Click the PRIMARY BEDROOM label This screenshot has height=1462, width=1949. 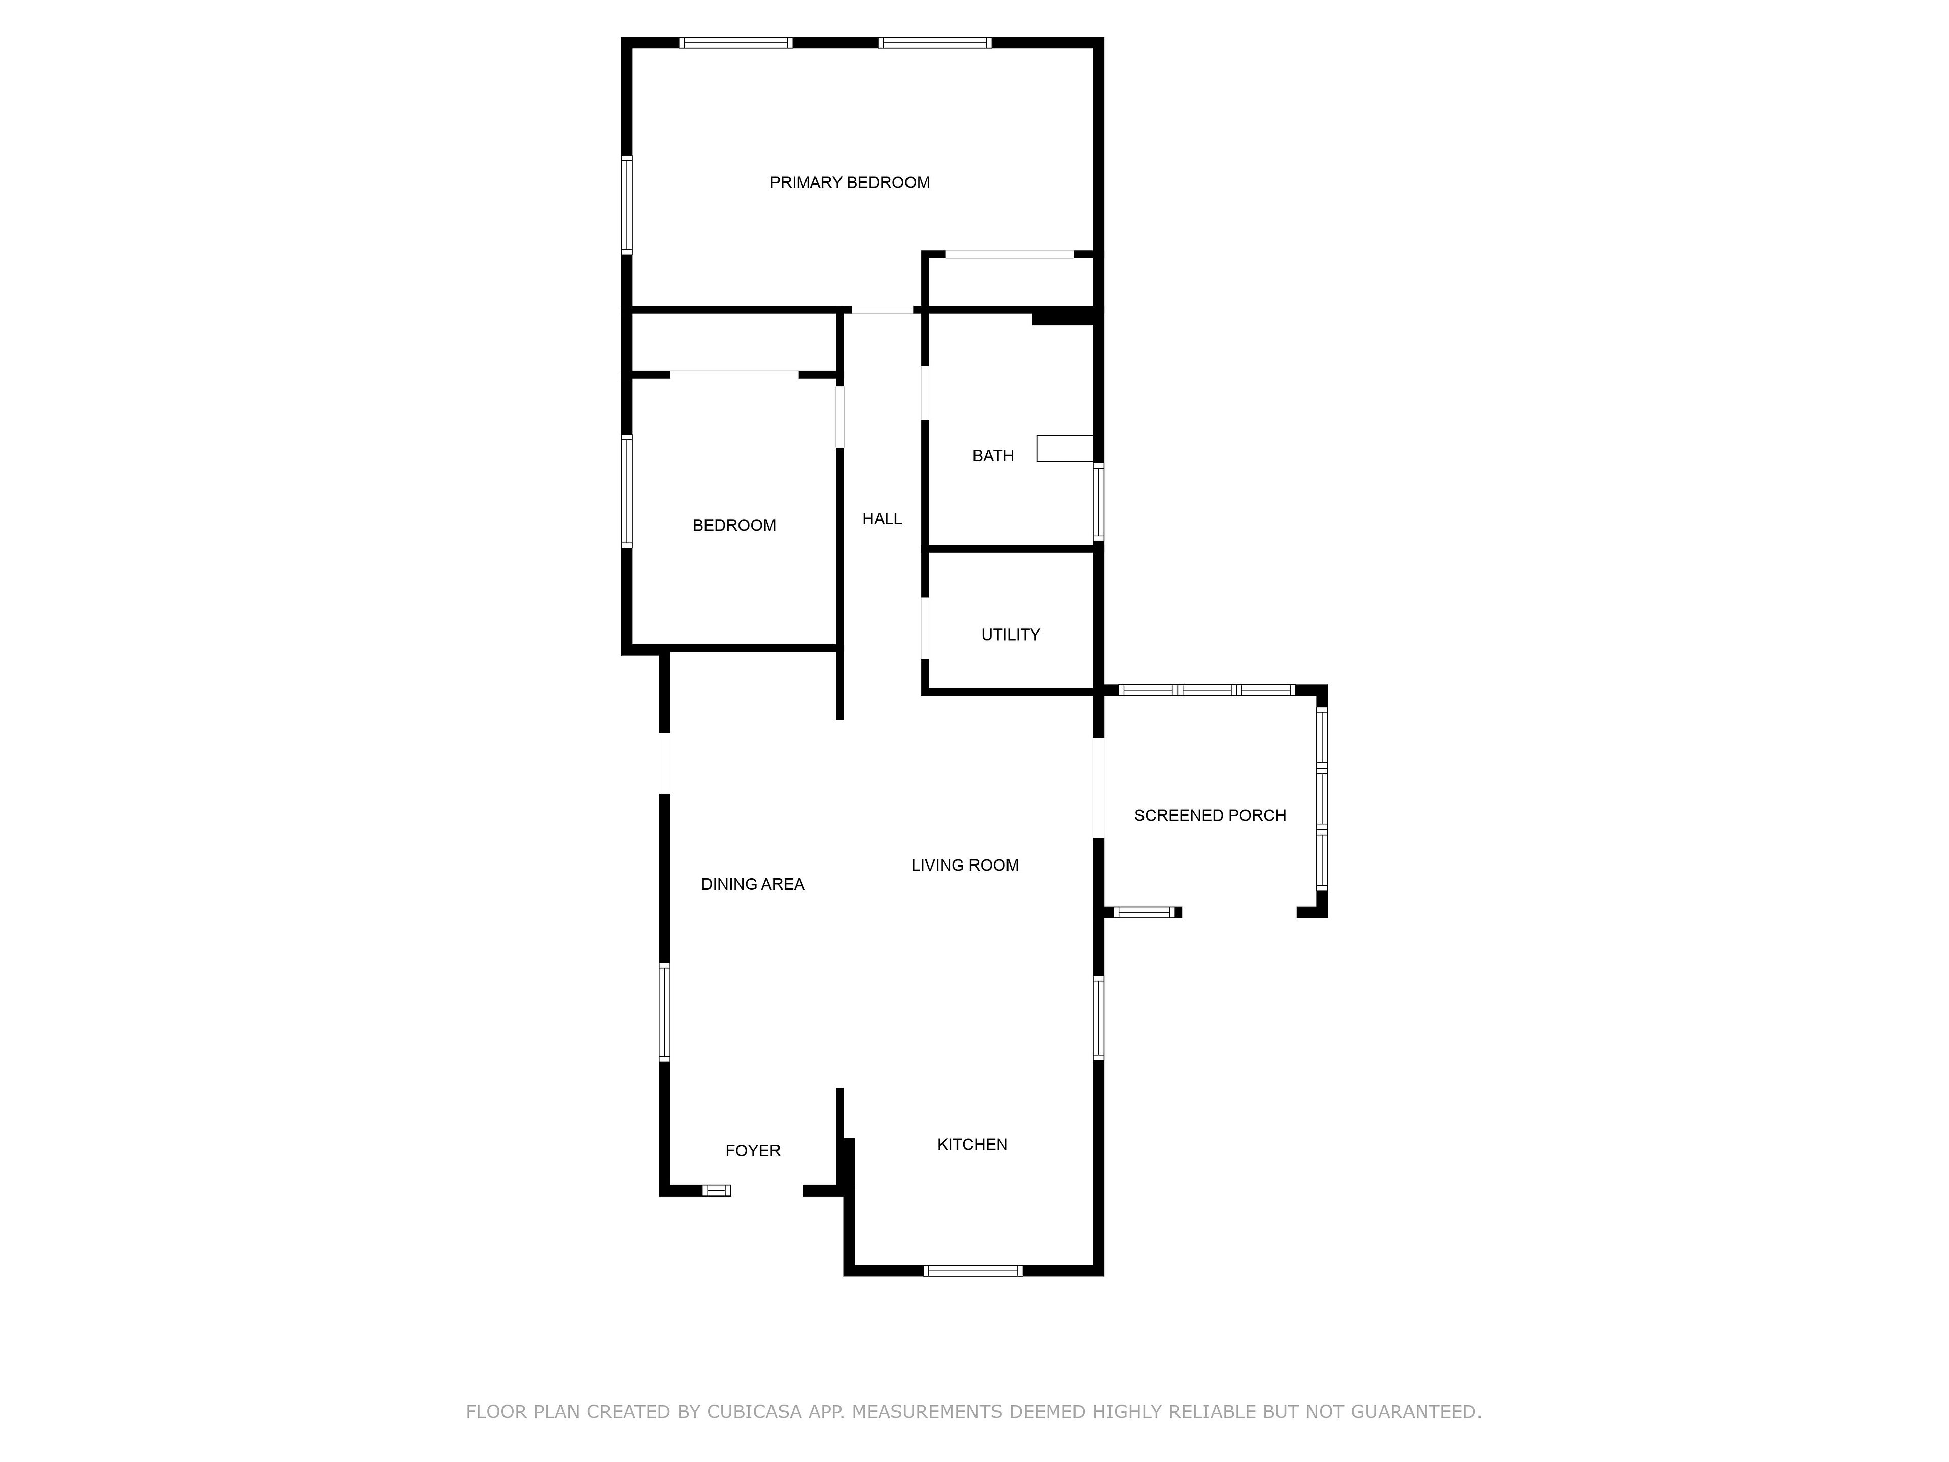pyautogui.click(x=849, y=182)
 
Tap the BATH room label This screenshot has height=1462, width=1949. pyautogui.click(x=993, y=456)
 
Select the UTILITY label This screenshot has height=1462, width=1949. pyautogui.click(x=1011, y=635)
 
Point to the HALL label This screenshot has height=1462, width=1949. pyautogui.click(x=882, y=519)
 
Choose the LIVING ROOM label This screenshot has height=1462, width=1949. pyautogui.click(x=965, y=866)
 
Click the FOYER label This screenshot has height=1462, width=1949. pyautogui.click(x=753, y=1151)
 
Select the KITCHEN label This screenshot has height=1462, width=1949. pyautogui.click(x=972, y=1145)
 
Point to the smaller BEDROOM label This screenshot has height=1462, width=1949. pyautogui.click(x=734, y=526)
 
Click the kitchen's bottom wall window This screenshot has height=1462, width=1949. pyautogui.click(x=973, y=1270)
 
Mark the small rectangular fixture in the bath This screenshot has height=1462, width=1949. pyautogui.click(x=1064, y=449)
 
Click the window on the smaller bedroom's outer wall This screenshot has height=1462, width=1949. pyautogui.click(x=626, y=491)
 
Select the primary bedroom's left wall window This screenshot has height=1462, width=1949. pyautogui.click(x=626, y=205)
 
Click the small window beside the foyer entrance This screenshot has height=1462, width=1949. pyautogui.click(x=716, y=1190)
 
